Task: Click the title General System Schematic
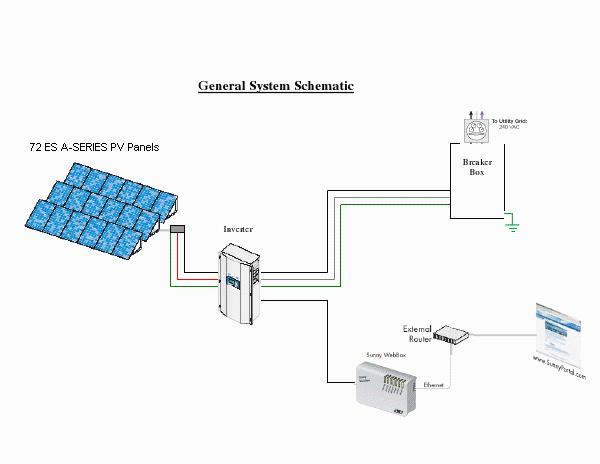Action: click(275, 86)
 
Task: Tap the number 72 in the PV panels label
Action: click(36, 147)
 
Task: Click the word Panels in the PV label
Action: click(140, 147)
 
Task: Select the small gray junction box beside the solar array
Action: click(178, 231)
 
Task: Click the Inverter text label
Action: click(238, 229)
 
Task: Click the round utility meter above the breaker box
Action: click(474, 128)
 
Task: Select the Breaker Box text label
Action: click(477, 167)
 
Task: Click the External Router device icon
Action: click(454, 337)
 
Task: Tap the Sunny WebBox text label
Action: click(379, 354)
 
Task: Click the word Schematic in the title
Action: click(323, 86)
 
